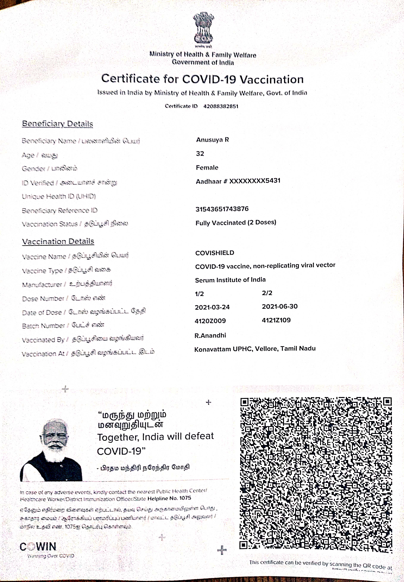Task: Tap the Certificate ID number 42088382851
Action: (221, 106)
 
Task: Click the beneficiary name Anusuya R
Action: (212, 140)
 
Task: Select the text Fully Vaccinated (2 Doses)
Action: (236, 222)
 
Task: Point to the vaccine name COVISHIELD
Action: (215, 253)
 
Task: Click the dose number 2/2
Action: (267, 293)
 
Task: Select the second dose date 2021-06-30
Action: (279, 306)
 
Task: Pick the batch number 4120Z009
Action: (210, 321)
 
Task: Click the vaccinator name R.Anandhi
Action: (210, 335)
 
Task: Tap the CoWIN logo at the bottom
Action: (38, 547)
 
